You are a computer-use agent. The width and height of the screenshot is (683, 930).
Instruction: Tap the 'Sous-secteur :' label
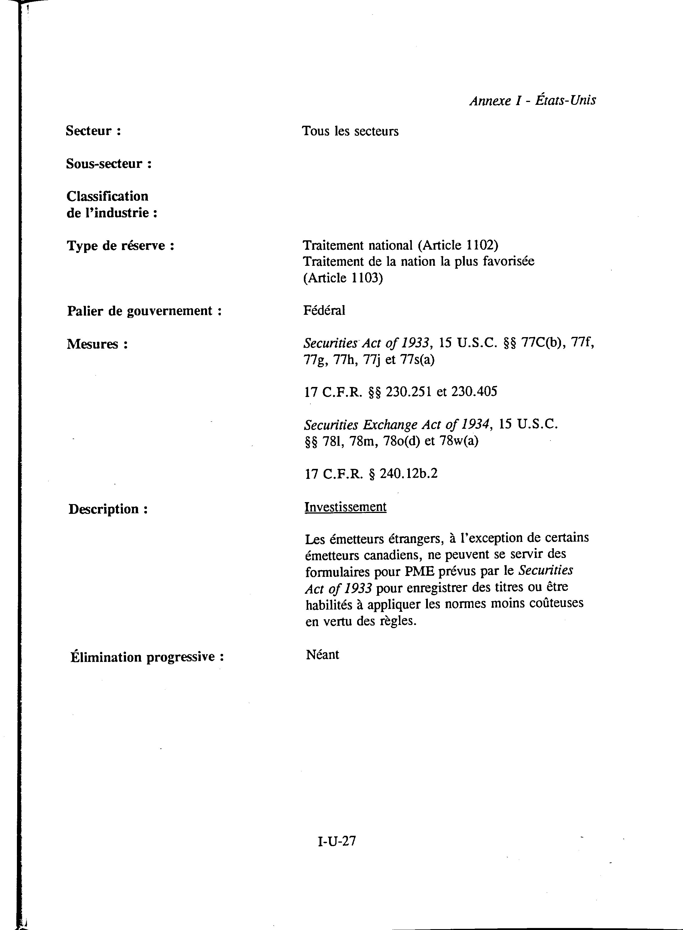click(x=109, y=164)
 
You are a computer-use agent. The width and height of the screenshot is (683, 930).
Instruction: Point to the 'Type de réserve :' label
click(x=120, y=246)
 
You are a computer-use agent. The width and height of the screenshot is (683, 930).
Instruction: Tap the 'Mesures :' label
click(x=97, y=344)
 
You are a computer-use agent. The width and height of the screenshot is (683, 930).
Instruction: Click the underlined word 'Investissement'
click(x=345, y=507)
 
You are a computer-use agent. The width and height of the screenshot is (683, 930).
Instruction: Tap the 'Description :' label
click(x=108, y=509)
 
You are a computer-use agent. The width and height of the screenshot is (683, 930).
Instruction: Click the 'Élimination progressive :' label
click(x=147, y=657)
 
